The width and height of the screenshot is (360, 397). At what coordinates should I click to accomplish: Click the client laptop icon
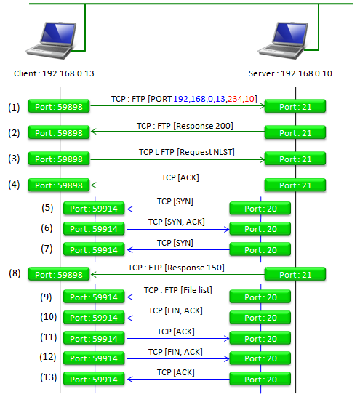[x=51, y=41]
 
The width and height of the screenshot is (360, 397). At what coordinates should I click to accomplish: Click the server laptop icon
[x=283, y=41]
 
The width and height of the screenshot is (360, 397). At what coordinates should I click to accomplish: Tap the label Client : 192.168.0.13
[x=54, y=73]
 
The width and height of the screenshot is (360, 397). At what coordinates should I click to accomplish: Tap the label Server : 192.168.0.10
[x=290, y=73]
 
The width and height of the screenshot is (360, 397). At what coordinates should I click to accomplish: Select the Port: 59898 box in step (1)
[x=59, y=106]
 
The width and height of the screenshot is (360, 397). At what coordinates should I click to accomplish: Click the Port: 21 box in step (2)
[x=295, y=132]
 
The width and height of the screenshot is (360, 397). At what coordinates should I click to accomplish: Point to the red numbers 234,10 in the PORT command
[x=241, y=99]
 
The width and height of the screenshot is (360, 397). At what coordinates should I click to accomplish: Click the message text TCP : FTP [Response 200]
[x=185, y=126]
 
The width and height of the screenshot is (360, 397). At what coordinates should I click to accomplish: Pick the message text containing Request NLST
[x=187, y=152]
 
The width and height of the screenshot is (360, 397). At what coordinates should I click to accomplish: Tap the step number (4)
[x=14, y=185]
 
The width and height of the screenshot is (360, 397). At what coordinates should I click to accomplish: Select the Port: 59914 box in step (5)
[x=94, y=209]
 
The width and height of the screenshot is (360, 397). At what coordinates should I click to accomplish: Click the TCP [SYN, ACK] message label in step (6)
[x=177, y=222]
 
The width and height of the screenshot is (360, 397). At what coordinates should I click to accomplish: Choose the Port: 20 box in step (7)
[x=260, y=249]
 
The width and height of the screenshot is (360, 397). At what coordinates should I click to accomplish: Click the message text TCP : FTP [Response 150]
[x=176, y=268]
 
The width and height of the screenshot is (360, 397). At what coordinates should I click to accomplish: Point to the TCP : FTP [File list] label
[x=178, y=290]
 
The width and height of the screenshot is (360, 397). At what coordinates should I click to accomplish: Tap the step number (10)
[x=48, y=317]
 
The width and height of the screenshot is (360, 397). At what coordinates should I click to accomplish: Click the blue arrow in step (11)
[x=178, y=339]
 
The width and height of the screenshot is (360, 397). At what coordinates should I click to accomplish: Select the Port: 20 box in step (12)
[x=260, y=358]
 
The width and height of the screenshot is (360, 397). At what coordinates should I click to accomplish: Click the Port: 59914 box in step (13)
[x=94, y=379]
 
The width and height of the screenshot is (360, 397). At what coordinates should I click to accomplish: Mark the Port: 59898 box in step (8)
[x=59, y=274]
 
